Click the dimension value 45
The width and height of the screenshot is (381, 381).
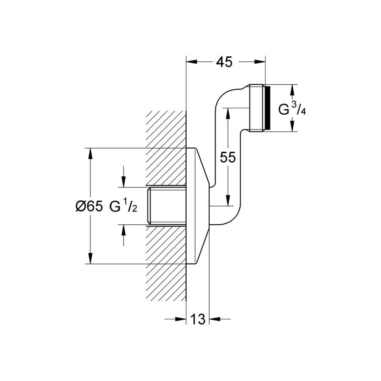tap(224, 62)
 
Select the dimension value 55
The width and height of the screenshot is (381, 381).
tap(228, 157)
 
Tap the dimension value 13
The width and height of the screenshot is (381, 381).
tap(198, 319)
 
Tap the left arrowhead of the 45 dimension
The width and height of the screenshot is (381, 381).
tap(190, 62)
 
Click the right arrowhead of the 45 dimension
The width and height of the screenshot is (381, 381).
tap(261, 62)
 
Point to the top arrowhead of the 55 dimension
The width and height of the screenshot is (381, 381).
tap(228, 111)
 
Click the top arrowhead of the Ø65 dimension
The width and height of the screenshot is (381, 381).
tap(90, 152)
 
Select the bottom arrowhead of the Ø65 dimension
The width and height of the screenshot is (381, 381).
tap(90, 260)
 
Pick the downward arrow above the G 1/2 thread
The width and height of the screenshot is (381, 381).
tap(123, 182)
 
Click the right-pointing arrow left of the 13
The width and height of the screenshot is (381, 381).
tap(182, 319)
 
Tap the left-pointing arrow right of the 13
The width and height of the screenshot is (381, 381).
tap(214, 319)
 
